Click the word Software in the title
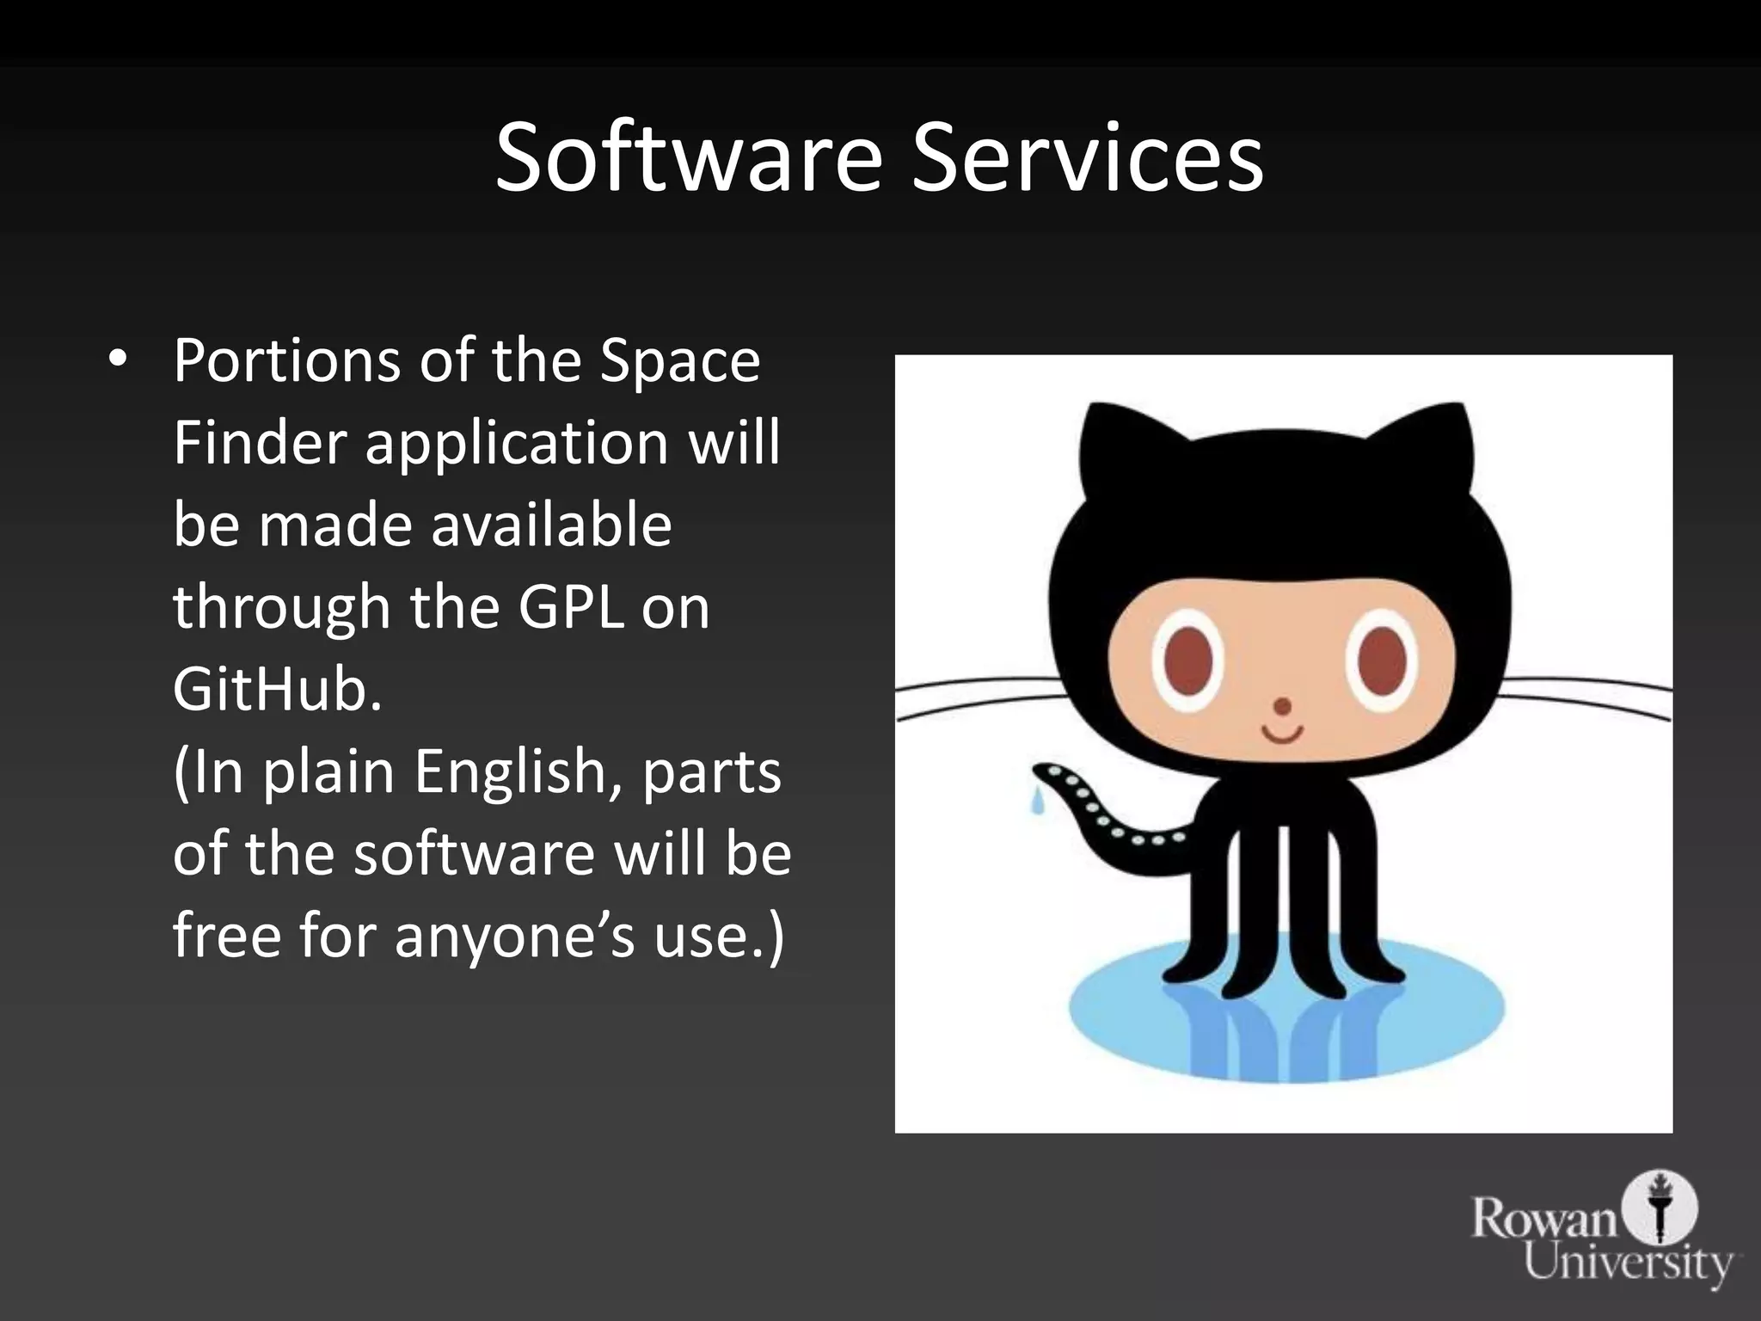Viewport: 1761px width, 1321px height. [x=688, y=158]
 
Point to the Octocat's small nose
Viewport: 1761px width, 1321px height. [x=1282, y=707]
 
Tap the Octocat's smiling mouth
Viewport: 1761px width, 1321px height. [x=1282, y=736]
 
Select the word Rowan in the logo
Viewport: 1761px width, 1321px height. [x=1543, y=1219]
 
